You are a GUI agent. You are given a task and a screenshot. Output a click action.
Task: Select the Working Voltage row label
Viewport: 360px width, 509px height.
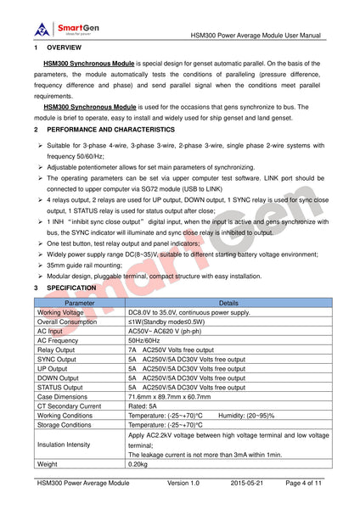[61, 312]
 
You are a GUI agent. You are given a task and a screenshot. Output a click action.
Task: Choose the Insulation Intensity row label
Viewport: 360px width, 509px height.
[68, 444]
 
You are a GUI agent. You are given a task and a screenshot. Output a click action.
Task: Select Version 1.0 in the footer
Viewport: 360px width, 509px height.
[183, 483]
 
